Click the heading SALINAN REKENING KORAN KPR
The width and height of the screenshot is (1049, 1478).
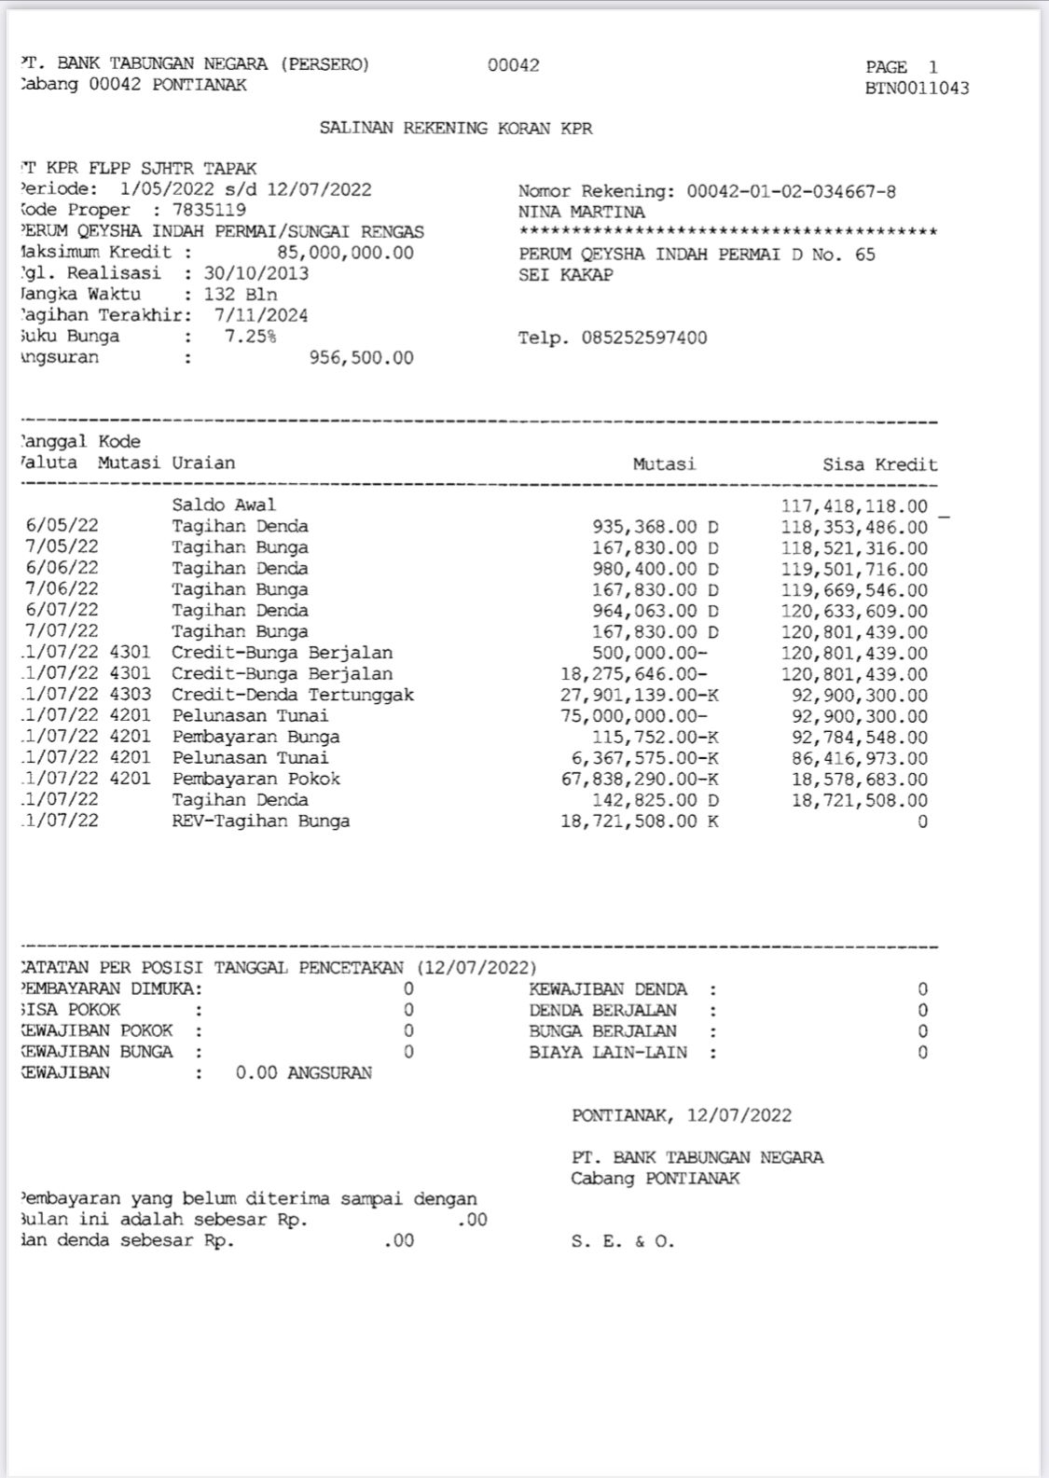point(456,129)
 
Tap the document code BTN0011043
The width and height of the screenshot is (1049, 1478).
point(917,89)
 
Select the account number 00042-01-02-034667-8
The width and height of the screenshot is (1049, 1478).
point(791,192)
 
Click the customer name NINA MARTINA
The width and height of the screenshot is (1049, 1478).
point(581,213)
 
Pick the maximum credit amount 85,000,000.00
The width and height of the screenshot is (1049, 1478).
point(345,253)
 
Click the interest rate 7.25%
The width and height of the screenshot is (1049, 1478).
point(250,337)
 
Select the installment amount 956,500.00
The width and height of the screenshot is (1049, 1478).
point(361,358)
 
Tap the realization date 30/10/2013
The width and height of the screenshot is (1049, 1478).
point(255,274)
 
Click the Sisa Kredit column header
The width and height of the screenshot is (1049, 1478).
point(879,464)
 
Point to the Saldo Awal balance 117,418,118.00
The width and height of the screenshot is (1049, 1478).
point(854,506)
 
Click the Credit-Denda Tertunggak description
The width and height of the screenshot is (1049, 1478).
point(293,695)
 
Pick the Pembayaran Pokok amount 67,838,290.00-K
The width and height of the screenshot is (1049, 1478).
point(640,779)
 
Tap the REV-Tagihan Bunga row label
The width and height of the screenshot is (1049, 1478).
point(261,822)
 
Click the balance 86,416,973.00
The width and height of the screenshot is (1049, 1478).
point(860,758)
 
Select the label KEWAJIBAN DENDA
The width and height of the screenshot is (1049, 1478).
point(608,989)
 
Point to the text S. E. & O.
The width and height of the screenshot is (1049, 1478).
point(623,1241)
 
